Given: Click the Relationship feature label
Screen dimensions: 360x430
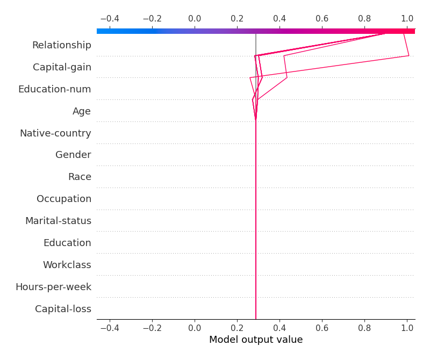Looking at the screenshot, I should point(61,45).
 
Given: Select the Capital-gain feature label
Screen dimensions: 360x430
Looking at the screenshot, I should point(62,67).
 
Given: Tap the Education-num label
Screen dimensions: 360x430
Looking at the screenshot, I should point(54,89).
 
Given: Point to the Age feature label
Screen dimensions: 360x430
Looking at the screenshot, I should point(82,111).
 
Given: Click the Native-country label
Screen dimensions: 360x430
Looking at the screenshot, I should point(55,133).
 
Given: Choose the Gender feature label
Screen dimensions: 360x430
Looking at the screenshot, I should point(73,155).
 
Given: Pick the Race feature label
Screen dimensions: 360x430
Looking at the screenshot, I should point(80,177).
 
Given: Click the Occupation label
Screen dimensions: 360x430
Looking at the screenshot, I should point(64,199).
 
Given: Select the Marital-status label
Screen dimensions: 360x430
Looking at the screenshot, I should point(58,221).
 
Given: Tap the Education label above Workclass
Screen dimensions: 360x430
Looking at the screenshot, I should point(67,243).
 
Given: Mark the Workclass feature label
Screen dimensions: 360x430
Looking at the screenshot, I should point(67,265).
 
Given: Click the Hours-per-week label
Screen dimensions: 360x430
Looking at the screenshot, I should point(53,287).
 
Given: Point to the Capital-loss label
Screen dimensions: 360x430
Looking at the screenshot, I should point(63,309).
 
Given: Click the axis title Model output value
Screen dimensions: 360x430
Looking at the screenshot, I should point(256,340).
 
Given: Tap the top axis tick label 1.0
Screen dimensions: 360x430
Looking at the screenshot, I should point(407,19).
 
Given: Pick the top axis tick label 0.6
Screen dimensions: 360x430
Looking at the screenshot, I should point(322,19).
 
